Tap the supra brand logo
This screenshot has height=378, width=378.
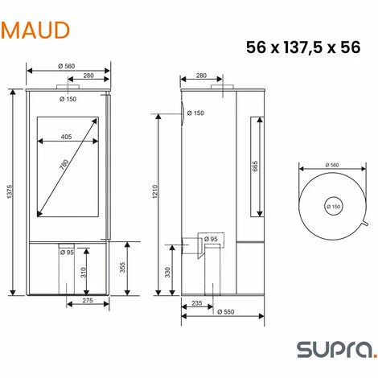point(331,349)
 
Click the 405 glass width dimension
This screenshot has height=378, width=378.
point(67,137)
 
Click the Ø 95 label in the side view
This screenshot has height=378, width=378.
point(212,240)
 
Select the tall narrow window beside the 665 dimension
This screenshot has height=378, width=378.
point(257,166)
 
